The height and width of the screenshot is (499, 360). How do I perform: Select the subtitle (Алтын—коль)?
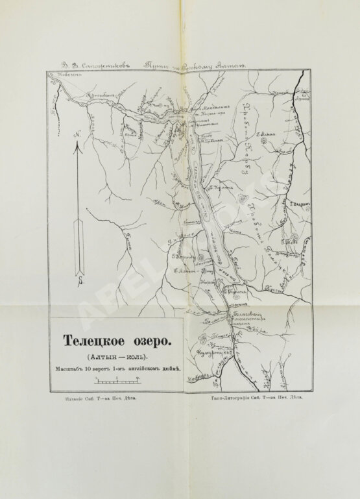(114, 356)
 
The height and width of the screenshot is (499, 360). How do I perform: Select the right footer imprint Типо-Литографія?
(255, 402)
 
